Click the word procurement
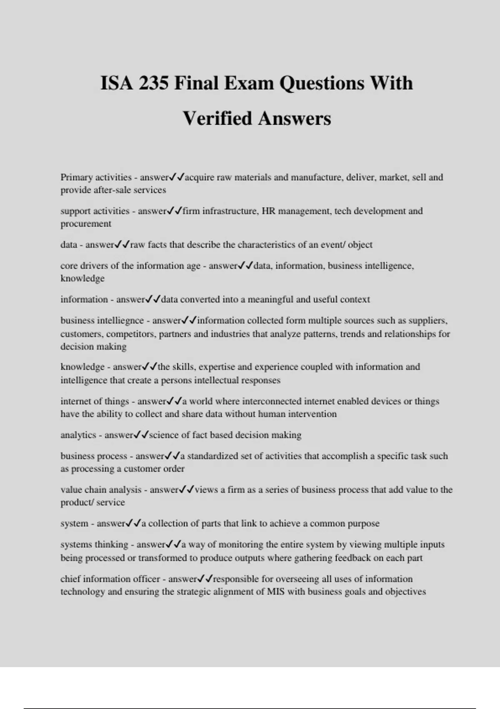tap(86, 224)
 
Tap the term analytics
tap(78, 435)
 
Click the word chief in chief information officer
tap(70, 579)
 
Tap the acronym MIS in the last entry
tap(275, 592)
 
